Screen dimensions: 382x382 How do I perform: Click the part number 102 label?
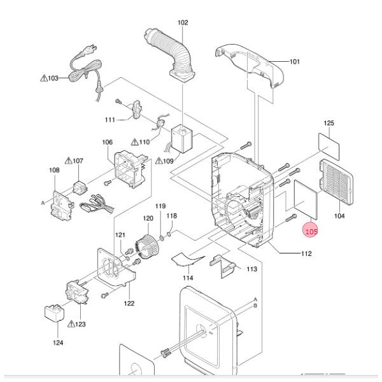click(183, 23)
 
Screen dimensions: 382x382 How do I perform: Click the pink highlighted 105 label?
click(311, 232)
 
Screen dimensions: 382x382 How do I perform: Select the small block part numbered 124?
click(53, 314)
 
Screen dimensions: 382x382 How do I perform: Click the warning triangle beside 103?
click(43, 78)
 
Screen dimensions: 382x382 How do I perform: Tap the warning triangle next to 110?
click(134, 142)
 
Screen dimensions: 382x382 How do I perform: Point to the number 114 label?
click(188, 278)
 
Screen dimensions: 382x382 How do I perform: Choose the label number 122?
click(129, 303)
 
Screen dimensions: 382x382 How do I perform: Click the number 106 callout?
click(107, 142)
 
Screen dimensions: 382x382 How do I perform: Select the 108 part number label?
click(54, 170)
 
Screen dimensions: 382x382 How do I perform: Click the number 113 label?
click(251, 269)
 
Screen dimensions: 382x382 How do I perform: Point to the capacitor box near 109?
click(181, 139)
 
